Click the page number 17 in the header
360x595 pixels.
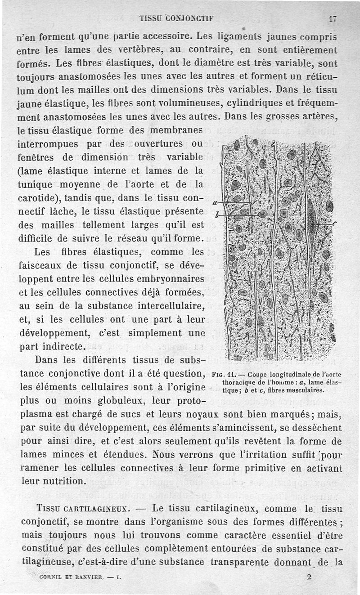click(x=333, y=19)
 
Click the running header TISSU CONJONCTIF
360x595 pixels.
click(x=176, y=18)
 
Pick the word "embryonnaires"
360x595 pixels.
click(x=175, y=279)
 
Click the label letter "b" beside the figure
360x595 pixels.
click(x=217, y=215)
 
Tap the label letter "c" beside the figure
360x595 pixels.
click(x=335, y=224)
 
